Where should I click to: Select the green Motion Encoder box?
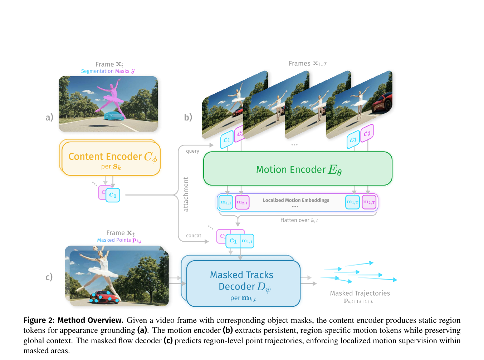(x=298, y=168)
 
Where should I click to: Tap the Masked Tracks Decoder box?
(x=243, y=283)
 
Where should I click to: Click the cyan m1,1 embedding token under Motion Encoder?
(x=226, y=202)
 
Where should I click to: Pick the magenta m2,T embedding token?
(x=369, y=202)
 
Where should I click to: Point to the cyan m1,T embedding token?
(x=352, y=202)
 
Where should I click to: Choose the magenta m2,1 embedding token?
(x=242, y=202)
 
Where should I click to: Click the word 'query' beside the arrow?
(x=192, y=151)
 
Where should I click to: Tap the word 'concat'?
(x=194, y=236)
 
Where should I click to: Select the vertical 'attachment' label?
(x=186, y=194)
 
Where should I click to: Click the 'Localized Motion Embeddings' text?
(x=296, y=200)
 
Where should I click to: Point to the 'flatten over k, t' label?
(x=299, y=220)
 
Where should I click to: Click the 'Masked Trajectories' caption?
(x=360, y=293)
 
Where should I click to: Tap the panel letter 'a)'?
(x=49, y=117)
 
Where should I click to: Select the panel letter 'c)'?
(x=49, y=277)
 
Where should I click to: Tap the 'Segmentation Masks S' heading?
(x=108, y=71)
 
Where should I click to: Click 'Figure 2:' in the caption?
(x=39, y=320)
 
